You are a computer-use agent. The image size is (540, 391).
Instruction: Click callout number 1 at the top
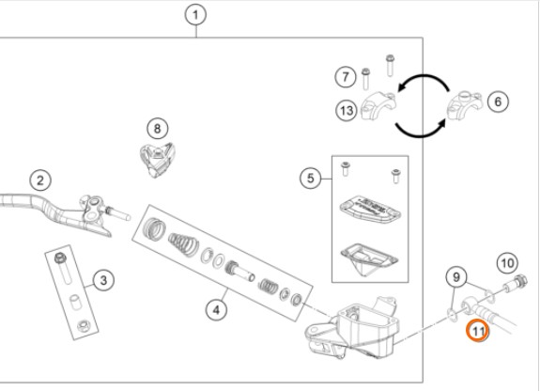(x=195, y=15)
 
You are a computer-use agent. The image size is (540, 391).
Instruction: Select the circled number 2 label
(x=40, y=180)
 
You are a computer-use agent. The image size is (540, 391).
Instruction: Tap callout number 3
(x=103, y=280)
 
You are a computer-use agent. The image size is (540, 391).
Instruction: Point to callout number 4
(x=216, y=310)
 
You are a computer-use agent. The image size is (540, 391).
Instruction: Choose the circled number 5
(x=310, y=179)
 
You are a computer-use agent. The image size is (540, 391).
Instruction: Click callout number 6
(x=498, y=102)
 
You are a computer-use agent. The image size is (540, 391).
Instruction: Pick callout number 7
(x=346, y=76)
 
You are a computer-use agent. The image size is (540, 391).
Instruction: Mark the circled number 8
(x=158, y=129)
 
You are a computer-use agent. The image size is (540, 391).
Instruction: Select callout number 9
(x=456, y=277)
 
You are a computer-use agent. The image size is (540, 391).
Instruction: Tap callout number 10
(x=507, y=264)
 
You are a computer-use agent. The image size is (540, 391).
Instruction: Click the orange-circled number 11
(x=477, y=331)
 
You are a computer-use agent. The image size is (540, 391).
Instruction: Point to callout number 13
(x=347, y=111)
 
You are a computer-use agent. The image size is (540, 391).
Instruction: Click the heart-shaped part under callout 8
(x=157, y=160)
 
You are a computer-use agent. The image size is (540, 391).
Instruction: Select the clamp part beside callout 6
(x=464, y=106)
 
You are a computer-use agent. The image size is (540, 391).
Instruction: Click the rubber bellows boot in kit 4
(x=184, y=244)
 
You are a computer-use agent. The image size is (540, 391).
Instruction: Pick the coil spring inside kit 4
(x=269, y=286)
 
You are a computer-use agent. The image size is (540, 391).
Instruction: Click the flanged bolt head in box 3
(x=61, y=258)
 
